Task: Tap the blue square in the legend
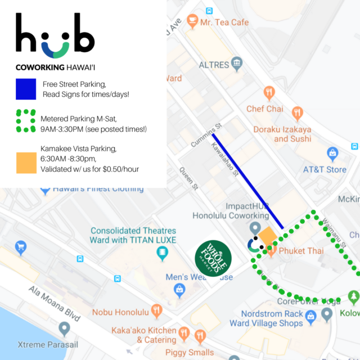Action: (26, 88)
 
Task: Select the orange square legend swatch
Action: (26, 163)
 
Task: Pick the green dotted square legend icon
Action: (26, 121)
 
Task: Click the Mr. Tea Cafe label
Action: (224, 22)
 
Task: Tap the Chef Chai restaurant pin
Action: (269, 93)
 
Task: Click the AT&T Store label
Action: (325, 169)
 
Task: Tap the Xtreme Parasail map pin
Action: (64, 328)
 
